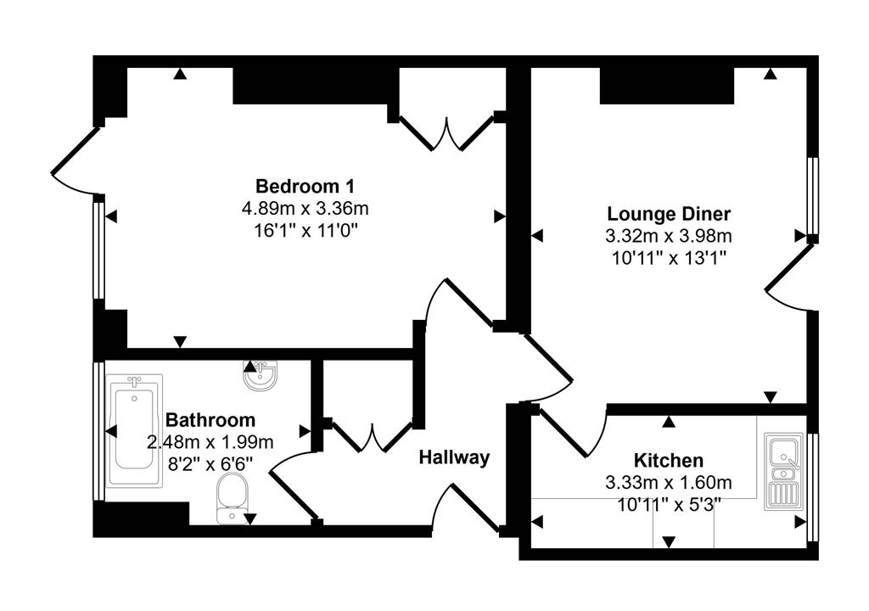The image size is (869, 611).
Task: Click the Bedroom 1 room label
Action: [305, 186]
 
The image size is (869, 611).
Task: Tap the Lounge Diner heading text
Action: [669, 213]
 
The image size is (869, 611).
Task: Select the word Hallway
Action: [455, 457]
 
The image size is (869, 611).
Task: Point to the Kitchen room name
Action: [669, 461]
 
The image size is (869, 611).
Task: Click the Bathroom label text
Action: [210, 419]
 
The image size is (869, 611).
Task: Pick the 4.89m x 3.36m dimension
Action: [305, 208]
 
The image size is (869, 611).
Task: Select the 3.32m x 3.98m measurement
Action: [669, 235]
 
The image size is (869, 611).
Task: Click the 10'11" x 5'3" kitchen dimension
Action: [669, 504]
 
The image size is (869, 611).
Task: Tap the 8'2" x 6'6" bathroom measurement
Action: [210, 462]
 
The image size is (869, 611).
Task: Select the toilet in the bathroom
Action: [232, 498]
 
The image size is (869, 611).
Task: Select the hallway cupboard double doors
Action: [372, 437]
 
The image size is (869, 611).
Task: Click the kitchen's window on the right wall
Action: [812, 485]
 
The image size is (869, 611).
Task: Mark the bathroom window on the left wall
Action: [98, 430]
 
